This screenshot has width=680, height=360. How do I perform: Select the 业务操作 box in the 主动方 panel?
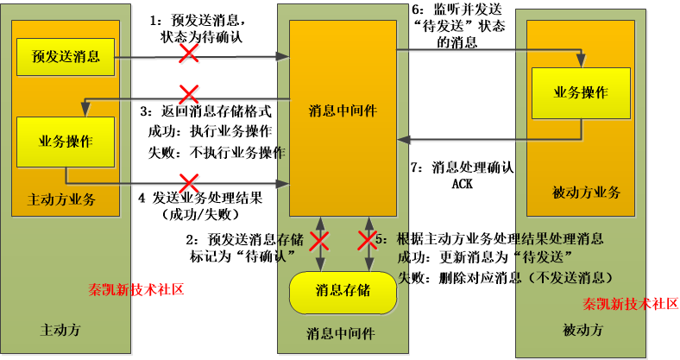point(66,141)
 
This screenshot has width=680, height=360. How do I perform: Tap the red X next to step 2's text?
point(320,243)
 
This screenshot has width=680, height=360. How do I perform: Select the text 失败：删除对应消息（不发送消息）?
point(505,278)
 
